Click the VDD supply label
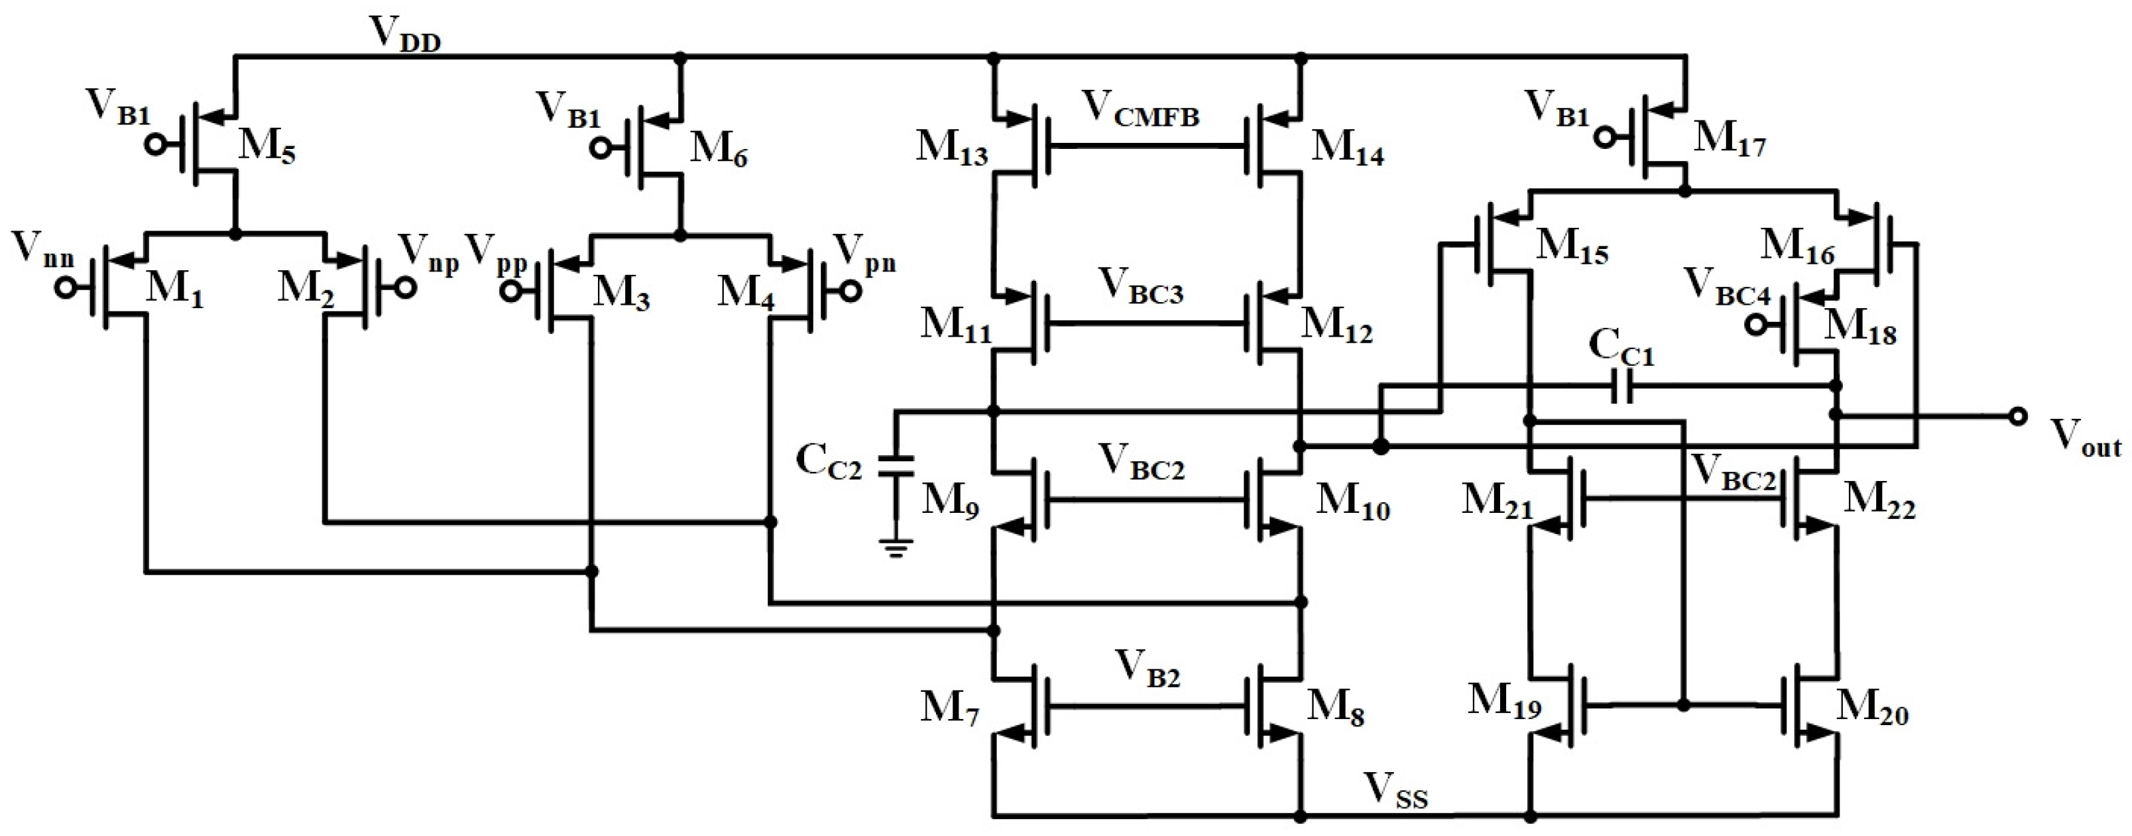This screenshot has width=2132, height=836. (405, 35)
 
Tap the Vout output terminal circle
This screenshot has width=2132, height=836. (2018, 416)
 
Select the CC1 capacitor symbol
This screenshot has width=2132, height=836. (1623, 386)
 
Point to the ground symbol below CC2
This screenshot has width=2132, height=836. (895, 548)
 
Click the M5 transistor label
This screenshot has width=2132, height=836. (267, 148)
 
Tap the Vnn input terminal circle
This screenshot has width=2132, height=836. (65, 288)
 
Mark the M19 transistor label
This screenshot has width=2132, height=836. (1504, 703)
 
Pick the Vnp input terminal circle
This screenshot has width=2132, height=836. (405, 288)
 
